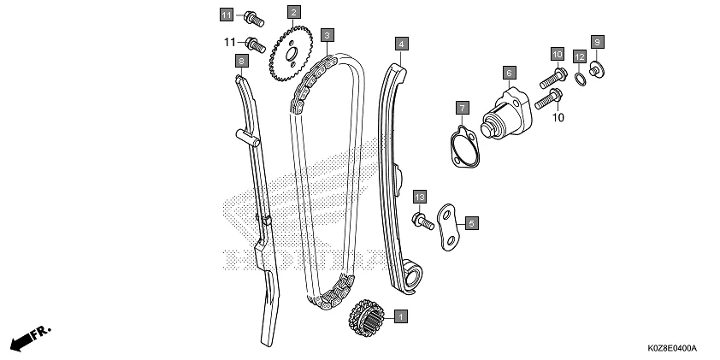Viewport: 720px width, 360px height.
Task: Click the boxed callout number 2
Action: (x=293, y=12)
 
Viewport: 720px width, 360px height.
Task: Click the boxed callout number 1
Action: (x=399, y=316)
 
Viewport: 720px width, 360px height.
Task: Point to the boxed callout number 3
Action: (x=327, y=35)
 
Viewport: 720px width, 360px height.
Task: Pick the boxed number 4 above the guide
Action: (x=400, y=42)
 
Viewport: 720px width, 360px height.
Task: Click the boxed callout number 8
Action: (x=242, y=61)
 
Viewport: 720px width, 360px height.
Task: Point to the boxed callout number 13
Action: (x=419, y=198)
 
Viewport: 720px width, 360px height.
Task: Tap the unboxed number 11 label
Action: (x=229, y=41)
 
